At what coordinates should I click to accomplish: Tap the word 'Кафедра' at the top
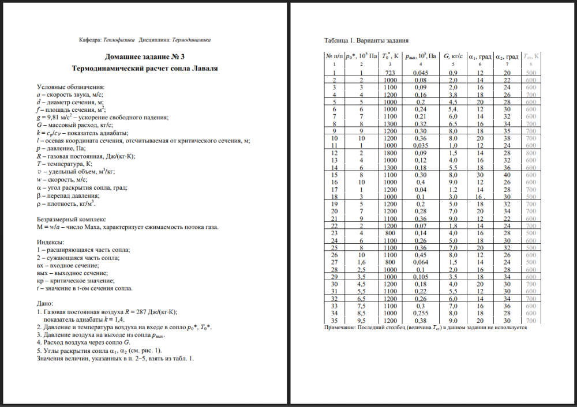89,40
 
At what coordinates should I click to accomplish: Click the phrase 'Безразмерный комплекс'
71,220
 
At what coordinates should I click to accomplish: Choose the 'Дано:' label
45,303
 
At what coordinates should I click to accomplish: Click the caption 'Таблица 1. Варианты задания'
368,41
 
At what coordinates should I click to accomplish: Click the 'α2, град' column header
507,56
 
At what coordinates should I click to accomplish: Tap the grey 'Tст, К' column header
531,56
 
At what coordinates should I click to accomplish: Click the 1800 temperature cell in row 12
390,154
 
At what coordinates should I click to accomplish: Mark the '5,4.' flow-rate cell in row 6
453,110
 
